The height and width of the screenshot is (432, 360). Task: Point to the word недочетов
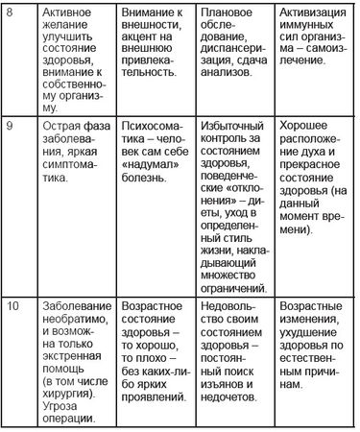coord(233,387)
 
